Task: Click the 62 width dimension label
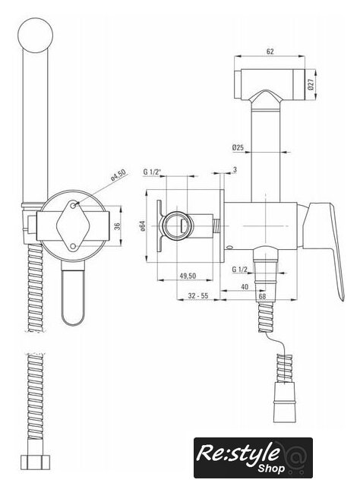[270, 52]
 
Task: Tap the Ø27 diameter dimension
[311, 84]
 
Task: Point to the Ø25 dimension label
[238, 147]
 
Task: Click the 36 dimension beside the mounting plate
[117, 226]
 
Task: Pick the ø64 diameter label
[142, 226]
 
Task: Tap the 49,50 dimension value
[188, 276]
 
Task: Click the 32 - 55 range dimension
[197, 295]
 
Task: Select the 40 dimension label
[245, 287]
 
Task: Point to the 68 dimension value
[262, 296]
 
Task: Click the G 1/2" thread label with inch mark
[152, 172]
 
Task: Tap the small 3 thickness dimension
[235, 169]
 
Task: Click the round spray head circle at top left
[36, 35]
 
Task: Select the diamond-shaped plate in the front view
[73, 226]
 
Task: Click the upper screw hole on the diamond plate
[73, 206]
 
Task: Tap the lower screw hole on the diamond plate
[73, 246]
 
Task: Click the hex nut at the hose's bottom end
[35, 462]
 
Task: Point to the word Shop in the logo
[270, 469]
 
